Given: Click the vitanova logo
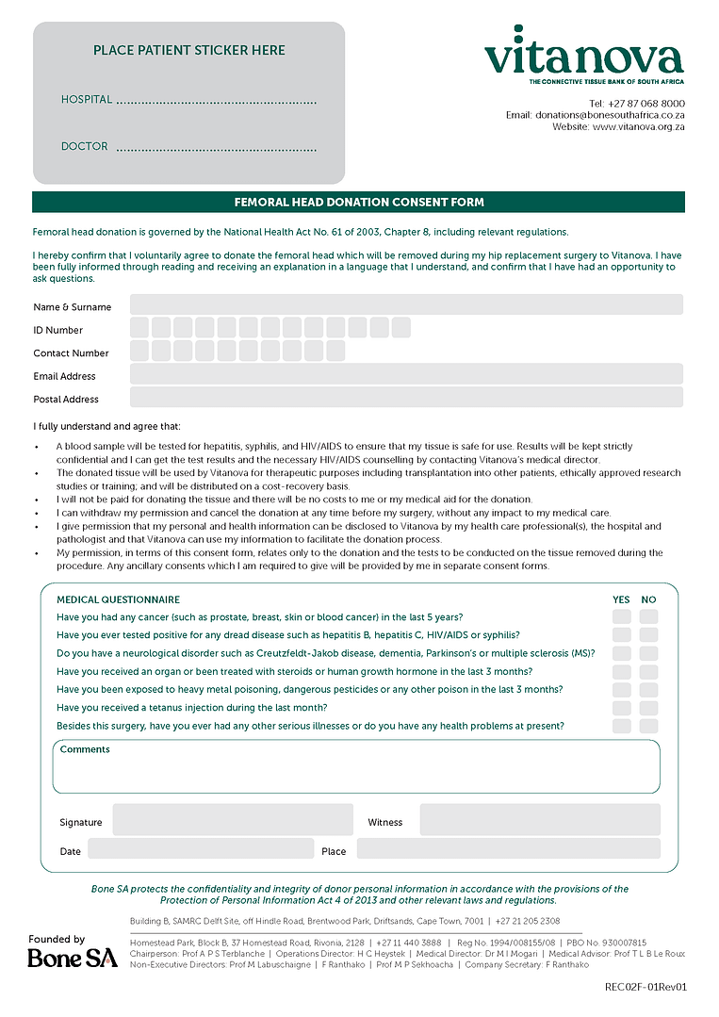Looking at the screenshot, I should click(x=583, y=56).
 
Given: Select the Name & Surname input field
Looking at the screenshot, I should click(x=406, y=304).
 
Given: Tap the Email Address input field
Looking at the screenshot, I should click(x=406, y=374).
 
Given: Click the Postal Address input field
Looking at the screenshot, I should click(x=406, y=397).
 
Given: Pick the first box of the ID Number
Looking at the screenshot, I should click(x=139, y=328).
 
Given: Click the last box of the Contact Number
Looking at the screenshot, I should click(x=335, y=351).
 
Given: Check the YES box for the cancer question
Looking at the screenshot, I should click(x=622, y=617).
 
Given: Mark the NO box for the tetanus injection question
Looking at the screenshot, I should click(x=648, y=708).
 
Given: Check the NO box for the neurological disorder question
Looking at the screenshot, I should click(x=648, y=653).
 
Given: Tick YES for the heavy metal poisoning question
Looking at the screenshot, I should click(x=622, y=690).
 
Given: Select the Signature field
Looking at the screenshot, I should click(x=233, y=820).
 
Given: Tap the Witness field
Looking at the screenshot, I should click(x=540, y=820).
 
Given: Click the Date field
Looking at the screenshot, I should click(x=201, y=848).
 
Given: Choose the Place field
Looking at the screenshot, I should click(x=508, y=848).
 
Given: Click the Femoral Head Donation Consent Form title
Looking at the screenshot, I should click(x=359, y=202).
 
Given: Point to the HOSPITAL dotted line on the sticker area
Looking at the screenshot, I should click(x=216, y=101).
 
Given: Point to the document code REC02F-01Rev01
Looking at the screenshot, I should click(x=645, y=987).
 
